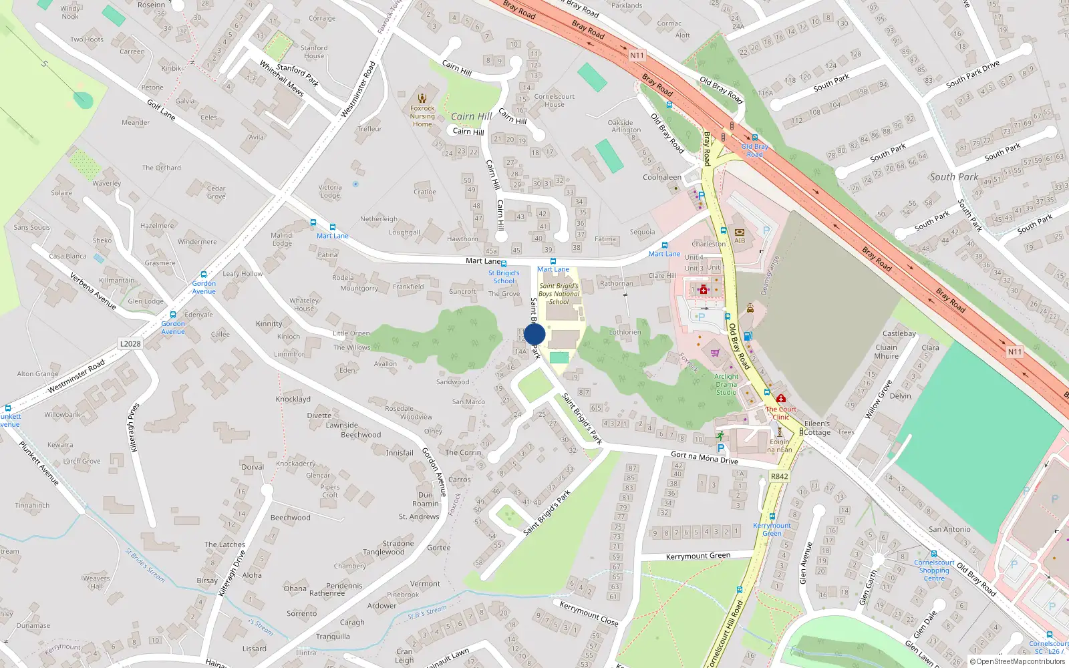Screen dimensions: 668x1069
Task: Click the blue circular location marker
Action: (534, 334)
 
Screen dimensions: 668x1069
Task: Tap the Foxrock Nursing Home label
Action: (422, 116)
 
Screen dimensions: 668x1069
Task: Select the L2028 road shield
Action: (130, 343)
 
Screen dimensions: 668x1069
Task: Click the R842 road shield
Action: (779, 476)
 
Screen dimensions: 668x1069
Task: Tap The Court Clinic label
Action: (780, 413)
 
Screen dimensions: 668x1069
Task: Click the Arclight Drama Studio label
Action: (726, 384)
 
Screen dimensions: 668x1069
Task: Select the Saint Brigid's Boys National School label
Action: (559, 293)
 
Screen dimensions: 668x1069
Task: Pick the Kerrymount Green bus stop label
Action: (772, 529)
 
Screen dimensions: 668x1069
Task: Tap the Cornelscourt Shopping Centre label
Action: (934, 570)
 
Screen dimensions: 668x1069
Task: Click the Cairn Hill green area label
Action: (471, 116)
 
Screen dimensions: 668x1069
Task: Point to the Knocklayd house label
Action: (293, 399)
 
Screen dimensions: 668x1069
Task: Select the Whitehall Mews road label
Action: (281, 79)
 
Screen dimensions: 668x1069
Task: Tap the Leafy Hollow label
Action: (243, 274)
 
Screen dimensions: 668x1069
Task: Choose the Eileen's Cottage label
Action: (816, 428)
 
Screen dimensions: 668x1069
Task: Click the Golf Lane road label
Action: (161, 110)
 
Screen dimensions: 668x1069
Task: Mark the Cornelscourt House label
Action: (554, 100)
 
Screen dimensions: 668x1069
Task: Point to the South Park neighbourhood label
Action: (953, 177)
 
